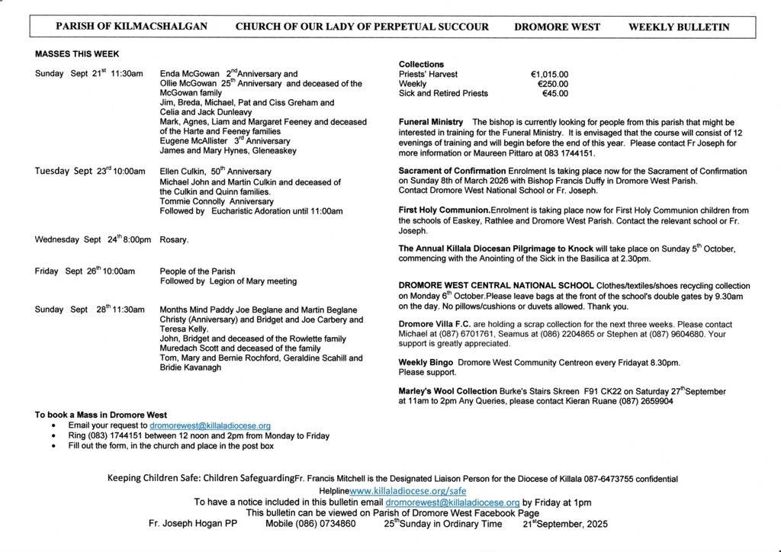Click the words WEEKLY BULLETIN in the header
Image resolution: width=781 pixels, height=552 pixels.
coord(678,27)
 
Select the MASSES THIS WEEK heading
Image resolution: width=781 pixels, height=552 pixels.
coord(77,54)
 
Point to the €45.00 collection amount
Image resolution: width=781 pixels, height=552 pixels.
coord(554,94)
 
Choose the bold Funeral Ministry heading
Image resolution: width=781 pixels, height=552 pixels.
coord(431,122)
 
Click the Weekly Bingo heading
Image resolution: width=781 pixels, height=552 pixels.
coord(423,363)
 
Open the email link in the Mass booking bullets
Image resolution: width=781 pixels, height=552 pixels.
coord(210,425)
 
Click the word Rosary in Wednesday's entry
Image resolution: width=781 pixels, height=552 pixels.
coord(173,239)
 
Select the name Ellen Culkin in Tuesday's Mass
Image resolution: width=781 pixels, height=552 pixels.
coord(184,172)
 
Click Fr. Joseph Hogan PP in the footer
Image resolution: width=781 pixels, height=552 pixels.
coord(193,525)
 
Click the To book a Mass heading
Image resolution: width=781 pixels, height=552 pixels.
coord(101,415)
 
